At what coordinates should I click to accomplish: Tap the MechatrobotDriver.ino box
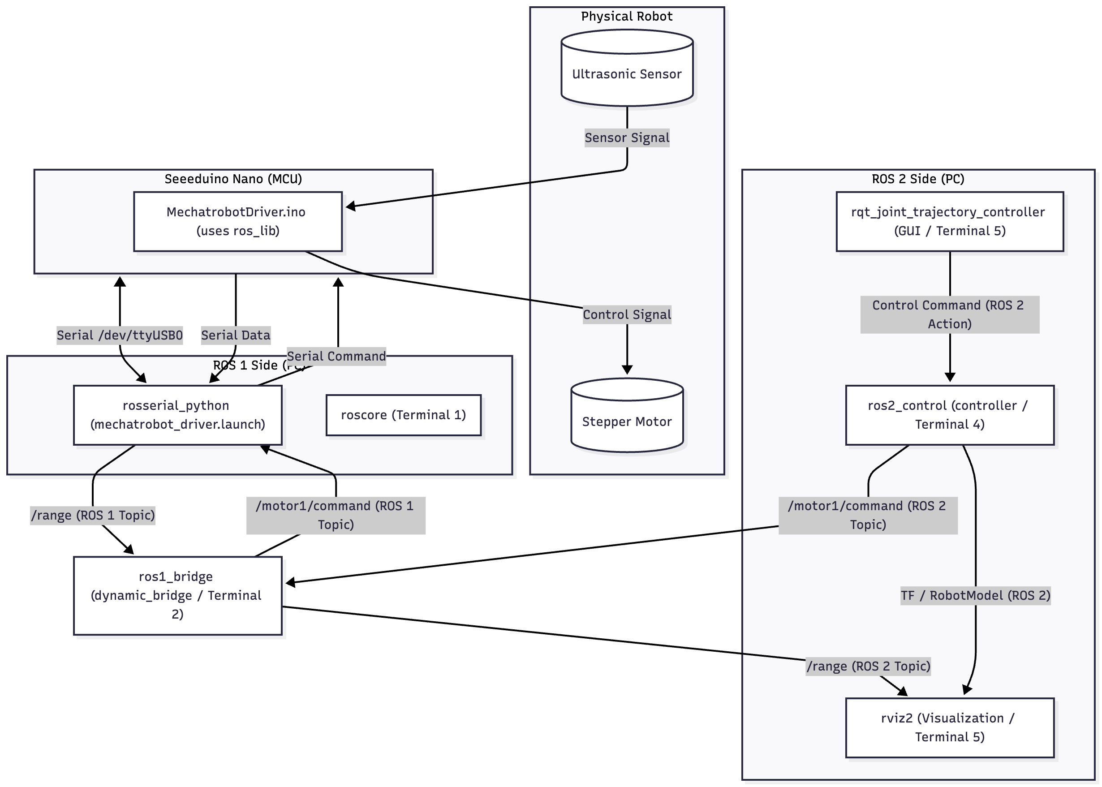(237, 221)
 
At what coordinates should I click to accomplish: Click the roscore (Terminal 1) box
(403, 415)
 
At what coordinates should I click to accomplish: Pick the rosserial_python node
(177, 415)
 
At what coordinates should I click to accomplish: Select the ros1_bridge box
(177, 595)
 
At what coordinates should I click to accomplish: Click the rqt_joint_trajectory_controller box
(949, 221)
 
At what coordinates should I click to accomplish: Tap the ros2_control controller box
(949, 415)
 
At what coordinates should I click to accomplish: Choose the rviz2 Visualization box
(949, 727)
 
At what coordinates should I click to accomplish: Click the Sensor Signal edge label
(627, 138)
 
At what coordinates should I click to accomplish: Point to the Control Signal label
(627, 314)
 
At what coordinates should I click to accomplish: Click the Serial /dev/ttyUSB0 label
(120, 335)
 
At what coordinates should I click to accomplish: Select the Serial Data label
(236, 335)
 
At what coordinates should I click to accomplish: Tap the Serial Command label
(336, 356)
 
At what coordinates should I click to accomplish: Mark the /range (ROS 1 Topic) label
(93, 515)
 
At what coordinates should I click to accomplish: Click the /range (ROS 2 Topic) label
(868, 666)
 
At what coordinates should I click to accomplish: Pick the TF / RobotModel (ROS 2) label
(975, 595)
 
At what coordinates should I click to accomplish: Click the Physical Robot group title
(627, 17)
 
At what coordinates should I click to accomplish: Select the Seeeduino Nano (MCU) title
(233, 179)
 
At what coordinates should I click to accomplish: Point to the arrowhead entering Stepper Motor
(627, 370)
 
